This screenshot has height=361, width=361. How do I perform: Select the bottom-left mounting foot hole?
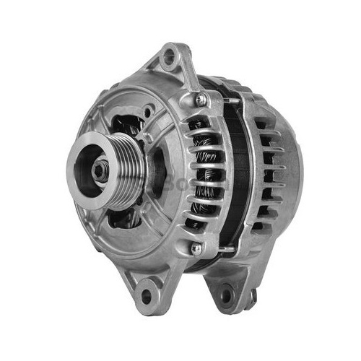click(x=147, y=295)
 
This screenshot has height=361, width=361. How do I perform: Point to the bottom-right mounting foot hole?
click(x=227, y=294)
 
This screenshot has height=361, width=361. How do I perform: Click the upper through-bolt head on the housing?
click(x=201, y=100)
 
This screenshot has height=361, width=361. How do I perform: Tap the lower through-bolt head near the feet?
click(x=196, y=248)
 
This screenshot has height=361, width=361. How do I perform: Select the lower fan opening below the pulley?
click(x=126, y=217)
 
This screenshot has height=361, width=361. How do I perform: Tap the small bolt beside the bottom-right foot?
click(x=252, y=295)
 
